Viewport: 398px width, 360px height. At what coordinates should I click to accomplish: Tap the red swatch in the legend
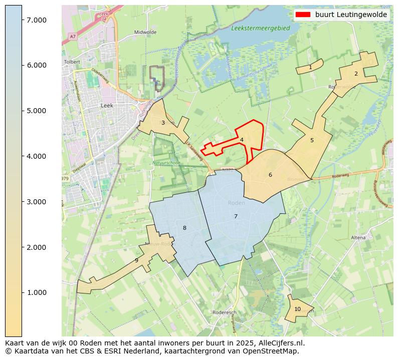303,15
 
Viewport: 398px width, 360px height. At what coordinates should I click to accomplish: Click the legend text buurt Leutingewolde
351,15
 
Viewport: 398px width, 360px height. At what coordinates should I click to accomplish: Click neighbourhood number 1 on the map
310,67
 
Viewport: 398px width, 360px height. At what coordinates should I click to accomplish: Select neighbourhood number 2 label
356,74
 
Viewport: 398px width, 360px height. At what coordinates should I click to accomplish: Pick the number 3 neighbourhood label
163,123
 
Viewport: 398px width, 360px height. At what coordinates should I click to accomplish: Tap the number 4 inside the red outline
242,140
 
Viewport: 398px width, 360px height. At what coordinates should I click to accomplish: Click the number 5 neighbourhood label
312,140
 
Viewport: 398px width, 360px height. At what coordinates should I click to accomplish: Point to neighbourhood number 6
270,175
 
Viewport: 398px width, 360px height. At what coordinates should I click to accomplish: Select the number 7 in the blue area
236,216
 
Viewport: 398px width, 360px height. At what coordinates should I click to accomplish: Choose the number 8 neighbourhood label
184,228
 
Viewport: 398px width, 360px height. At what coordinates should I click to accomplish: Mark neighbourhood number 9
136,260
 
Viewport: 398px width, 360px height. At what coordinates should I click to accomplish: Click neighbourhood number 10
297,309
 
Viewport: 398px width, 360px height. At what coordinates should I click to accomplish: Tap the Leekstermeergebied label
260,29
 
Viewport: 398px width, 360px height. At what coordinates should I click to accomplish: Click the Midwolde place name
145,32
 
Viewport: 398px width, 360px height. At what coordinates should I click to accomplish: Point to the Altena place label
358,237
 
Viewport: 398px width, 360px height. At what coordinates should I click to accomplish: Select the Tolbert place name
72,62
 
